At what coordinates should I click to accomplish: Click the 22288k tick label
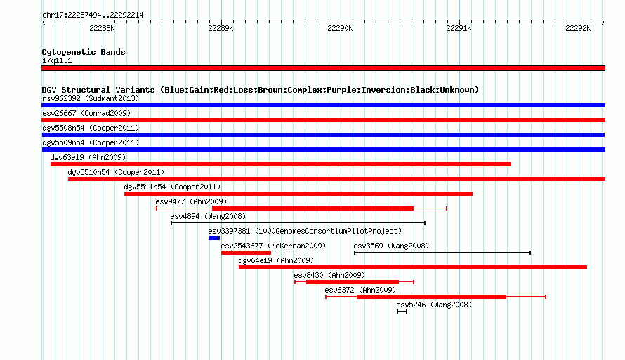[x=102, y=28]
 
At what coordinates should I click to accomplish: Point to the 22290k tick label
[x=340, y=28]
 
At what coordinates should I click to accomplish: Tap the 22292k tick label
[x=577, y=28]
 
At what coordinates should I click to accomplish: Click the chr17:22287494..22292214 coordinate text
[x=93, y=15]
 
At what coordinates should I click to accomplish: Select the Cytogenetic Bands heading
[x=84, y=52]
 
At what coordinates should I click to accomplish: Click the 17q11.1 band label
[x=57, y=60]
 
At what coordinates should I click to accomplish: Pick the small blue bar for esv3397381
[x=213, y=238]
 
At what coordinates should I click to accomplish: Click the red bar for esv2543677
[x=246, y=253]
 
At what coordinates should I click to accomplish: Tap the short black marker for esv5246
[x=402, y=312]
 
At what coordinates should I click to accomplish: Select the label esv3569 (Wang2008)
[x=391, y=246]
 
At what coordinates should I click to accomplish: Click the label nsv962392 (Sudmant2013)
[x=91, y=98]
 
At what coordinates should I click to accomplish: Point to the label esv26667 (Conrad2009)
[x=86, y=113]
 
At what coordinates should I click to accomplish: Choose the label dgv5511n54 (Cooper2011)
[x=172, y=187]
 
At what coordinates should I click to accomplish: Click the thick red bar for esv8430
[x=353, y=282]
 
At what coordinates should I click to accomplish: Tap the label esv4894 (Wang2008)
[x=208, y=216]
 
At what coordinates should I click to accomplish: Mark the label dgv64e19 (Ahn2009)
[x=276, y=260]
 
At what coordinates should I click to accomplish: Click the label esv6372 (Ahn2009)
[x=360, y=290]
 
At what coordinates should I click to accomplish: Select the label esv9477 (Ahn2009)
[x=191, y=201]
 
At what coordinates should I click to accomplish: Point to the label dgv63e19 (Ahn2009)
[x=88, y=157]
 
